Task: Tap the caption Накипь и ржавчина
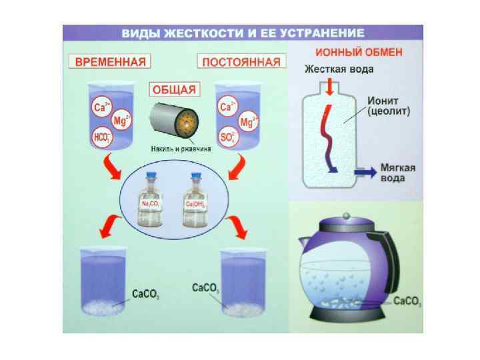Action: click(177, 149)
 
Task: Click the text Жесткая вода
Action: click(339, 68)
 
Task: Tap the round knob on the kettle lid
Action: click(345, 215)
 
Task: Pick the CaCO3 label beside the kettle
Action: click(407, 301)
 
